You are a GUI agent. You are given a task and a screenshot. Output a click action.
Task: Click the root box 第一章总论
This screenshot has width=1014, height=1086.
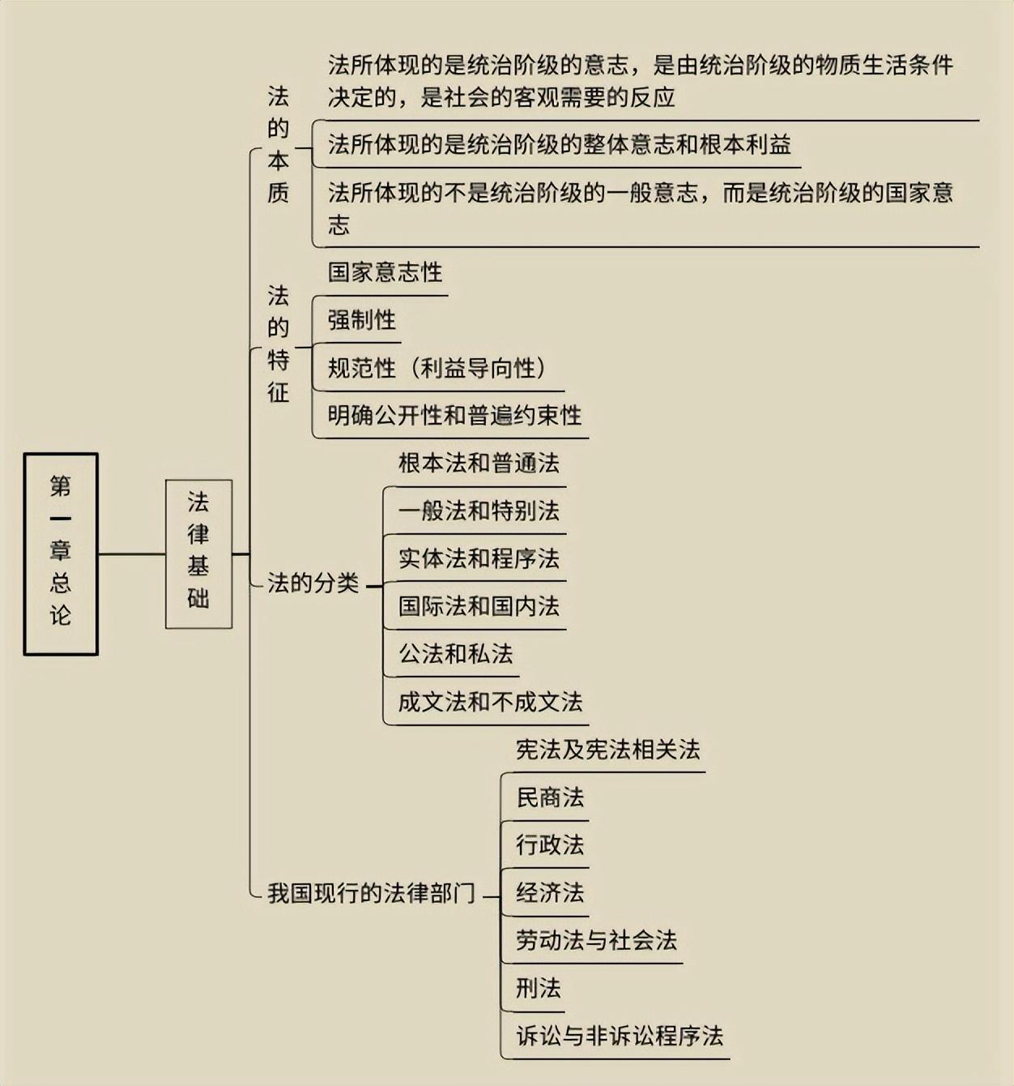[x=61, y=554]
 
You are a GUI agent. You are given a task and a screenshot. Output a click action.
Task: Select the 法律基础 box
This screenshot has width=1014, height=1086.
[x=198, y=554]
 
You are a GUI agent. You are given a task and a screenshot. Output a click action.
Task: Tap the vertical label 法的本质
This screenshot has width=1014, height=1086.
[x=278, y=145]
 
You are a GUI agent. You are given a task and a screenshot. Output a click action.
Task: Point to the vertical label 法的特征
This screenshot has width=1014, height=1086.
[x=278, y=344]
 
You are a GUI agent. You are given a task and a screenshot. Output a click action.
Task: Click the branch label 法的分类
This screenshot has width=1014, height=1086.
[x=313, y=583]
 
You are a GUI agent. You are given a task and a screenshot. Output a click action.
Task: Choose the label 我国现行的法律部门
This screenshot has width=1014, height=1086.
[x=371, y=893]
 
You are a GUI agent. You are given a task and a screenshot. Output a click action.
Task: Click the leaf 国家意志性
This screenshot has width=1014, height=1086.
[x=385, y=272]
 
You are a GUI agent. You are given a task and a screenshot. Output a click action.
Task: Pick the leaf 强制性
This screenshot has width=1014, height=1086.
[x=361, y=320]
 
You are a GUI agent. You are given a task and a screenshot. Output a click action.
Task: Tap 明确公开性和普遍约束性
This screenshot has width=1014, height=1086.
[x=454, y=416]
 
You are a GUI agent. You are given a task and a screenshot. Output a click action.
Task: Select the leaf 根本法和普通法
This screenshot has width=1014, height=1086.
[x=478, y=464]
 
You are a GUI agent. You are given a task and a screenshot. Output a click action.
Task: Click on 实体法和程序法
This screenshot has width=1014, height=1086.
[x=478, y=559]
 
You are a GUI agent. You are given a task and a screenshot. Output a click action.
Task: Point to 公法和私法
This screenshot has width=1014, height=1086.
[x=455, y=654]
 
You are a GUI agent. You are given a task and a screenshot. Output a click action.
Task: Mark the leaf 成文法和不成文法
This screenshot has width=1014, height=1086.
[x=489, y=702]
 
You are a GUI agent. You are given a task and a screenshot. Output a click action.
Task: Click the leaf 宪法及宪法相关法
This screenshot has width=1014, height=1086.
[x=607, y=750]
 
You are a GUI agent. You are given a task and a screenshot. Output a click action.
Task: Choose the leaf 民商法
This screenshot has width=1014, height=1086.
[x=550, y=797]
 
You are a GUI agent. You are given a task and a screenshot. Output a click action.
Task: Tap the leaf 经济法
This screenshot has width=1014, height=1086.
[x=550, y=893]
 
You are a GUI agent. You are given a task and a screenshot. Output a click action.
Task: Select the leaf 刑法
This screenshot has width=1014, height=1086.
[x=538, y=989]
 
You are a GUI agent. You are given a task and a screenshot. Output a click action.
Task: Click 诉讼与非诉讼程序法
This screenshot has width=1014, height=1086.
[x=620, y=1036]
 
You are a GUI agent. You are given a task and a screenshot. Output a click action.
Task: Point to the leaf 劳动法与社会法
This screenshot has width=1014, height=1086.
[x=596, y=941]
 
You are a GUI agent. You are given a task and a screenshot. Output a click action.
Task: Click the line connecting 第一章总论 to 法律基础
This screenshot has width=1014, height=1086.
[x=131, y=554]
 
